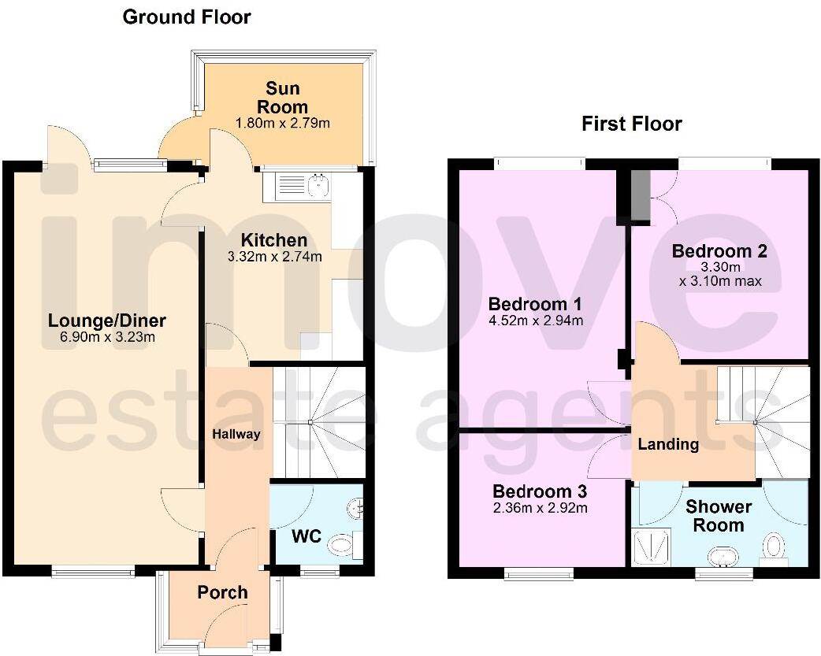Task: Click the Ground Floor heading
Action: [x=187, y=17]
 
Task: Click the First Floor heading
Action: [x=631, y=124]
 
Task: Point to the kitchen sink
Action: [x=318, y=186]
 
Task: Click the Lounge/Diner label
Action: [x=107, y=321]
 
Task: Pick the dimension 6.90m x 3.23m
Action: [x=107, y=338]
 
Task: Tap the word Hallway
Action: [x=236, y=434]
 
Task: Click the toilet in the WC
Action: [x=342, y=544]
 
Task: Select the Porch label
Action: [x=222, y=592]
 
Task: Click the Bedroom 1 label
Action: [x=535, y=304]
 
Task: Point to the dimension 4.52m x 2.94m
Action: [x=535, y=321]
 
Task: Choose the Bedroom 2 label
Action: [x=719, y=251]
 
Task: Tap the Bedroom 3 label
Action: [x=540, y=491]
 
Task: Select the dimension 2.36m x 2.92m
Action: [x=540, y=508]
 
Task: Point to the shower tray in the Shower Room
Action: [x=651, y=547]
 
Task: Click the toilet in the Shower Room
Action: [x=775, y=547]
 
